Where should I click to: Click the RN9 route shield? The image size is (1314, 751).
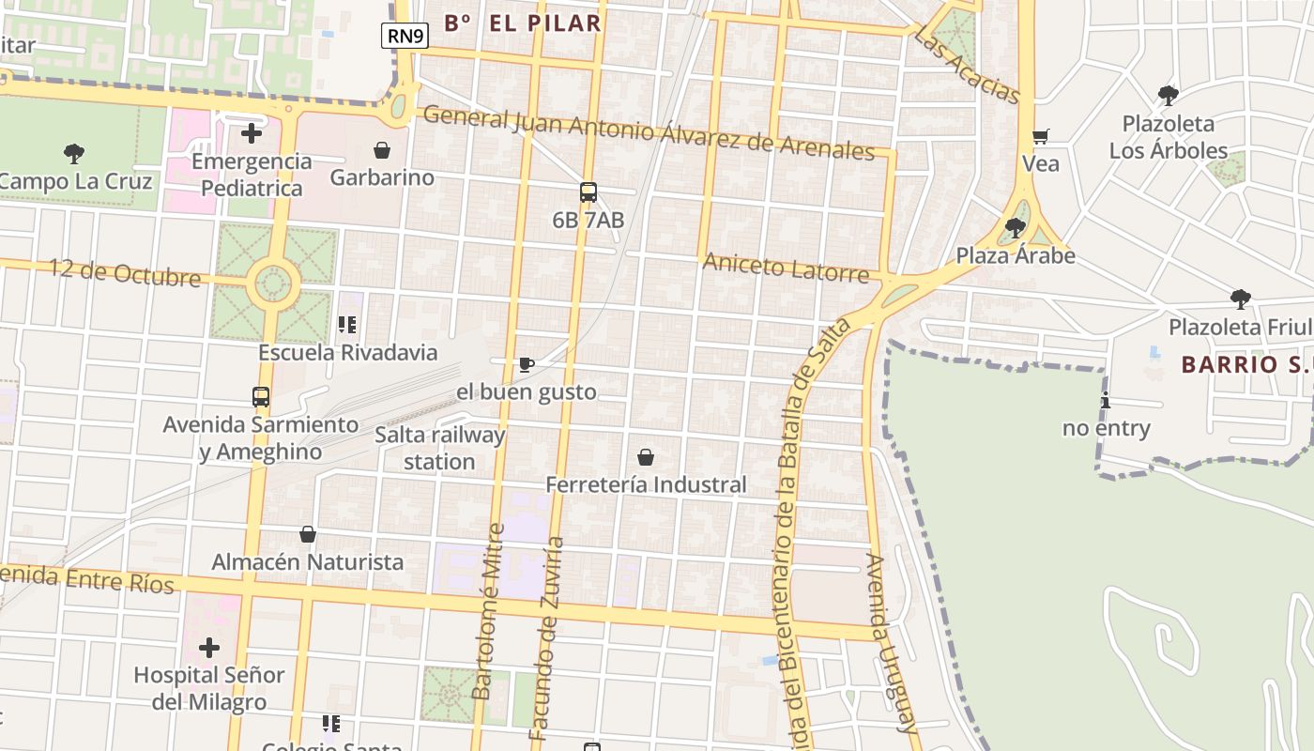(x=405, y=36)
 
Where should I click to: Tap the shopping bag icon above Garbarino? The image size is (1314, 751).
(x=382, y=150)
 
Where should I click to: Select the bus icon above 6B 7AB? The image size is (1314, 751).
(x=588, y=192)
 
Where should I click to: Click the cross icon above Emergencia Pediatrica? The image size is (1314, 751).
(x=252, y=133)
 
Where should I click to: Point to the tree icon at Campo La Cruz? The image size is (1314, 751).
(x=73, y=153)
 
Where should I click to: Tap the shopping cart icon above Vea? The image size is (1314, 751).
(x=1040, y=137)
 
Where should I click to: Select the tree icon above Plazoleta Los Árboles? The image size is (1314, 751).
(x=1169, y=95)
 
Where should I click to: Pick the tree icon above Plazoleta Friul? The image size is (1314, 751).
(x=1241, y=299)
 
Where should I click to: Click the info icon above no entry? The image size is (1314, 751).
(x=1106, y=401)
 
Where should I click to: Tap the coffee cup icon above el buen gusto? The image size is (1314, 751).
(x=527, y=364)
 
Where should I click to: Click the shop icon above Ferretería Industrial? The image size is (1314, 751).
(x=646, y=457)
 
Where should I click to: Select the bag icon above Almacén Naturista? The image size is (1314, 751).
(x=308, y=534)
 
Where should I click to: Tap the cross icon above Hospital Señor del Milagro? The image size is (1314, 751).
(x=209, y=648)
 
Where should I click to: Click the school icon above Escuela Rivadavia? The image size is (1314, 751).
(x=347, y=325)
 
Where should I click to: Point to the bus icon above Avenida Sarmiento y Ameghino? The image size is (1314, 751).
(x=261, y=397)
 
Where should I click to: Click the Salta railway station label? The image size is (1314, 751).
(x=439, y=448)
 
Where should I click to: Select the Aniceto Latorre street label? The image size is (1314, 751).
(x=786, y=268)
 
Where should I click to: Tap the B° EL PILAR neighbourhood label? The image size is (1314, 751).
(x=522, y=23)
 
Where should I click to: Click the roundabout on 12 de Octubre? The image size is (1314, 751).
(x=273, y=283)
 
